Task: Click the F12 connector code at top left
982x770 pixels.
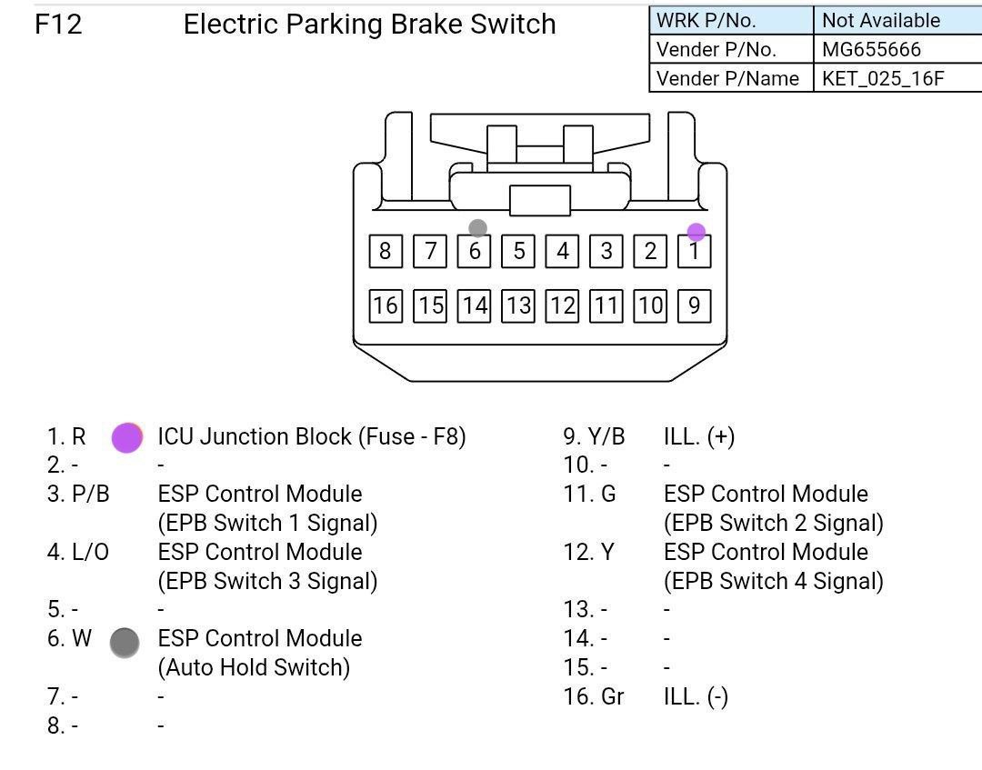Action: click(58, 25)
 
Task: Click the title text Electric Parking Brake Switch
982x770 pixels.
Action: click(369, 25)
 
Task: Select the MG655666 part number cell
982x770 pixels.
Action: click(871, 49)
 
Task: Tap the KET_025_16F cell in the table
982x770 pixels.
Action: click(882, 78)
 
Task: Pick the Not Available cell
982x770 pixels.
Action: click(880, 20)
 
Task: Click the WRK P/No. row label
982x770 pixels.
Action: click(706, 20)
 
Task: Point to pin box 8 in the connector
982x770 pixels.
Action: click(386, 251)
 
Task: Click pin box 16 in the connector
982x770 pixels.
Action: click(386, 305)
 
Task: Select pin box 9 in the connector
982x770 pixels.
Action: click(695, 305)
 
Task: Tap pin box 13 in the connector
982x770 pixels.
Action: click(518, 305)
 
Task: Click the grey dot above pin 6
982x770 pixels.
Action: click(477, 228)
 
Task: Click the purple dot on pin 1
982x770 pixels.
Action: click(696, 233)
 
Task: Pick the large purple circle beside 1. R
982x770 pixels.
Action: click(126, 437)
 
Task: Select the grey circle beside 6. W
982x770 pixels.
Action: click(125, 642)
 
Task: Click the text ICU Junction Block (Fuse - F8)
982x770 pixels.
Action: click(311, 436)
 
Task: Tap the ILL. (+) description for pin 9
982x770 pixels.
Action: click(698, 436)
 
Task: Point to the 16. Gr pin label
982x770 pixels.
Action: click(594, 696)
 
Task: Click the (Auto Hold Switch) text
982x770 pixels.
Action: click(254, 667)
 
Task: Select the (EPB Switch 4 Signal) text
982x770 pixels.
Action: click(773, 581)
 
